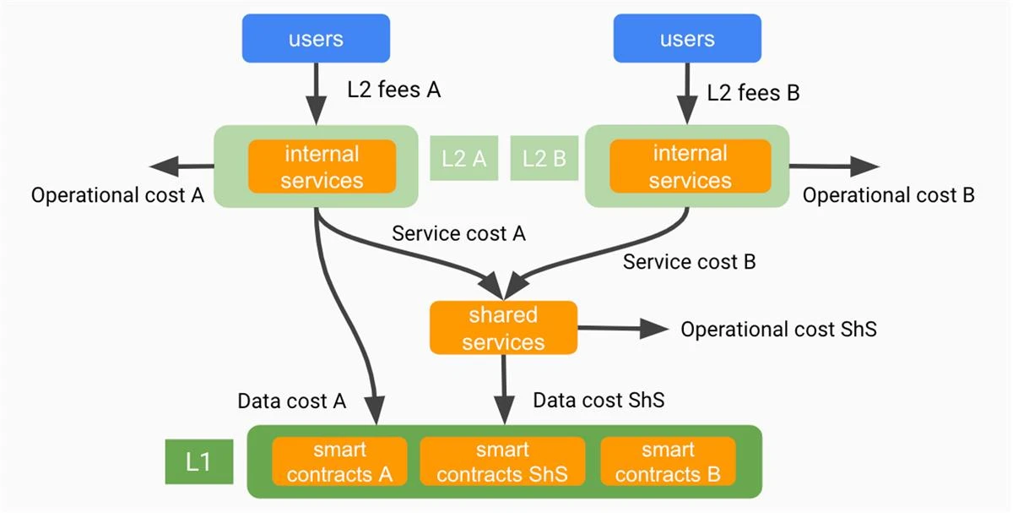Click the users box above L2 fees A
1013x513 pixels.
[316, 38]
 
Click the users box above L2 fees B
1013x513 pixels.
[687, 38]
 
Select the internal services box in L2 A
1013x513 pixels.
[322, 166]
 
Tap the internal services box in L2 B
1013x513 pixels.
[690, 166]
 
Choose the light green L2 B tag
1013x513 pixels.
[543, 158]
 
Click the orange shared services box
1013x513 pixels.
[503, 328]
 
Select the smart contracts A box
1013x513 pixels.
[339, 461]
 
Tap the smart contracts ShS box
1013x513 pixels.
[502, 461]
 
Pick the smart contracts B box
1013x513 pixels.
[667, 461]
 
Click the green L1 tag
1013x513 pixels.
[198, 461]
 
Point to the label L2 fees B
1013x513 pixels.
[753, 92]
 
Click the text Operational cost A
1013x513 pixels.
[117, 195]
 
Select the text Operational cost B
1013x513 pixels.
[888, 195]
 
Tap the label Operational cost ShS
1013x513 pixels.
[778, 329]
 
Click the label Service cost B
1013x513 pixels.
[689, 262]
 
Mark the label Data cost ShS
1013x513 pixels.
[599, 400]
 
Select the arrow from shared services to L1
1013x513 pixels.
[504, 389]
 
